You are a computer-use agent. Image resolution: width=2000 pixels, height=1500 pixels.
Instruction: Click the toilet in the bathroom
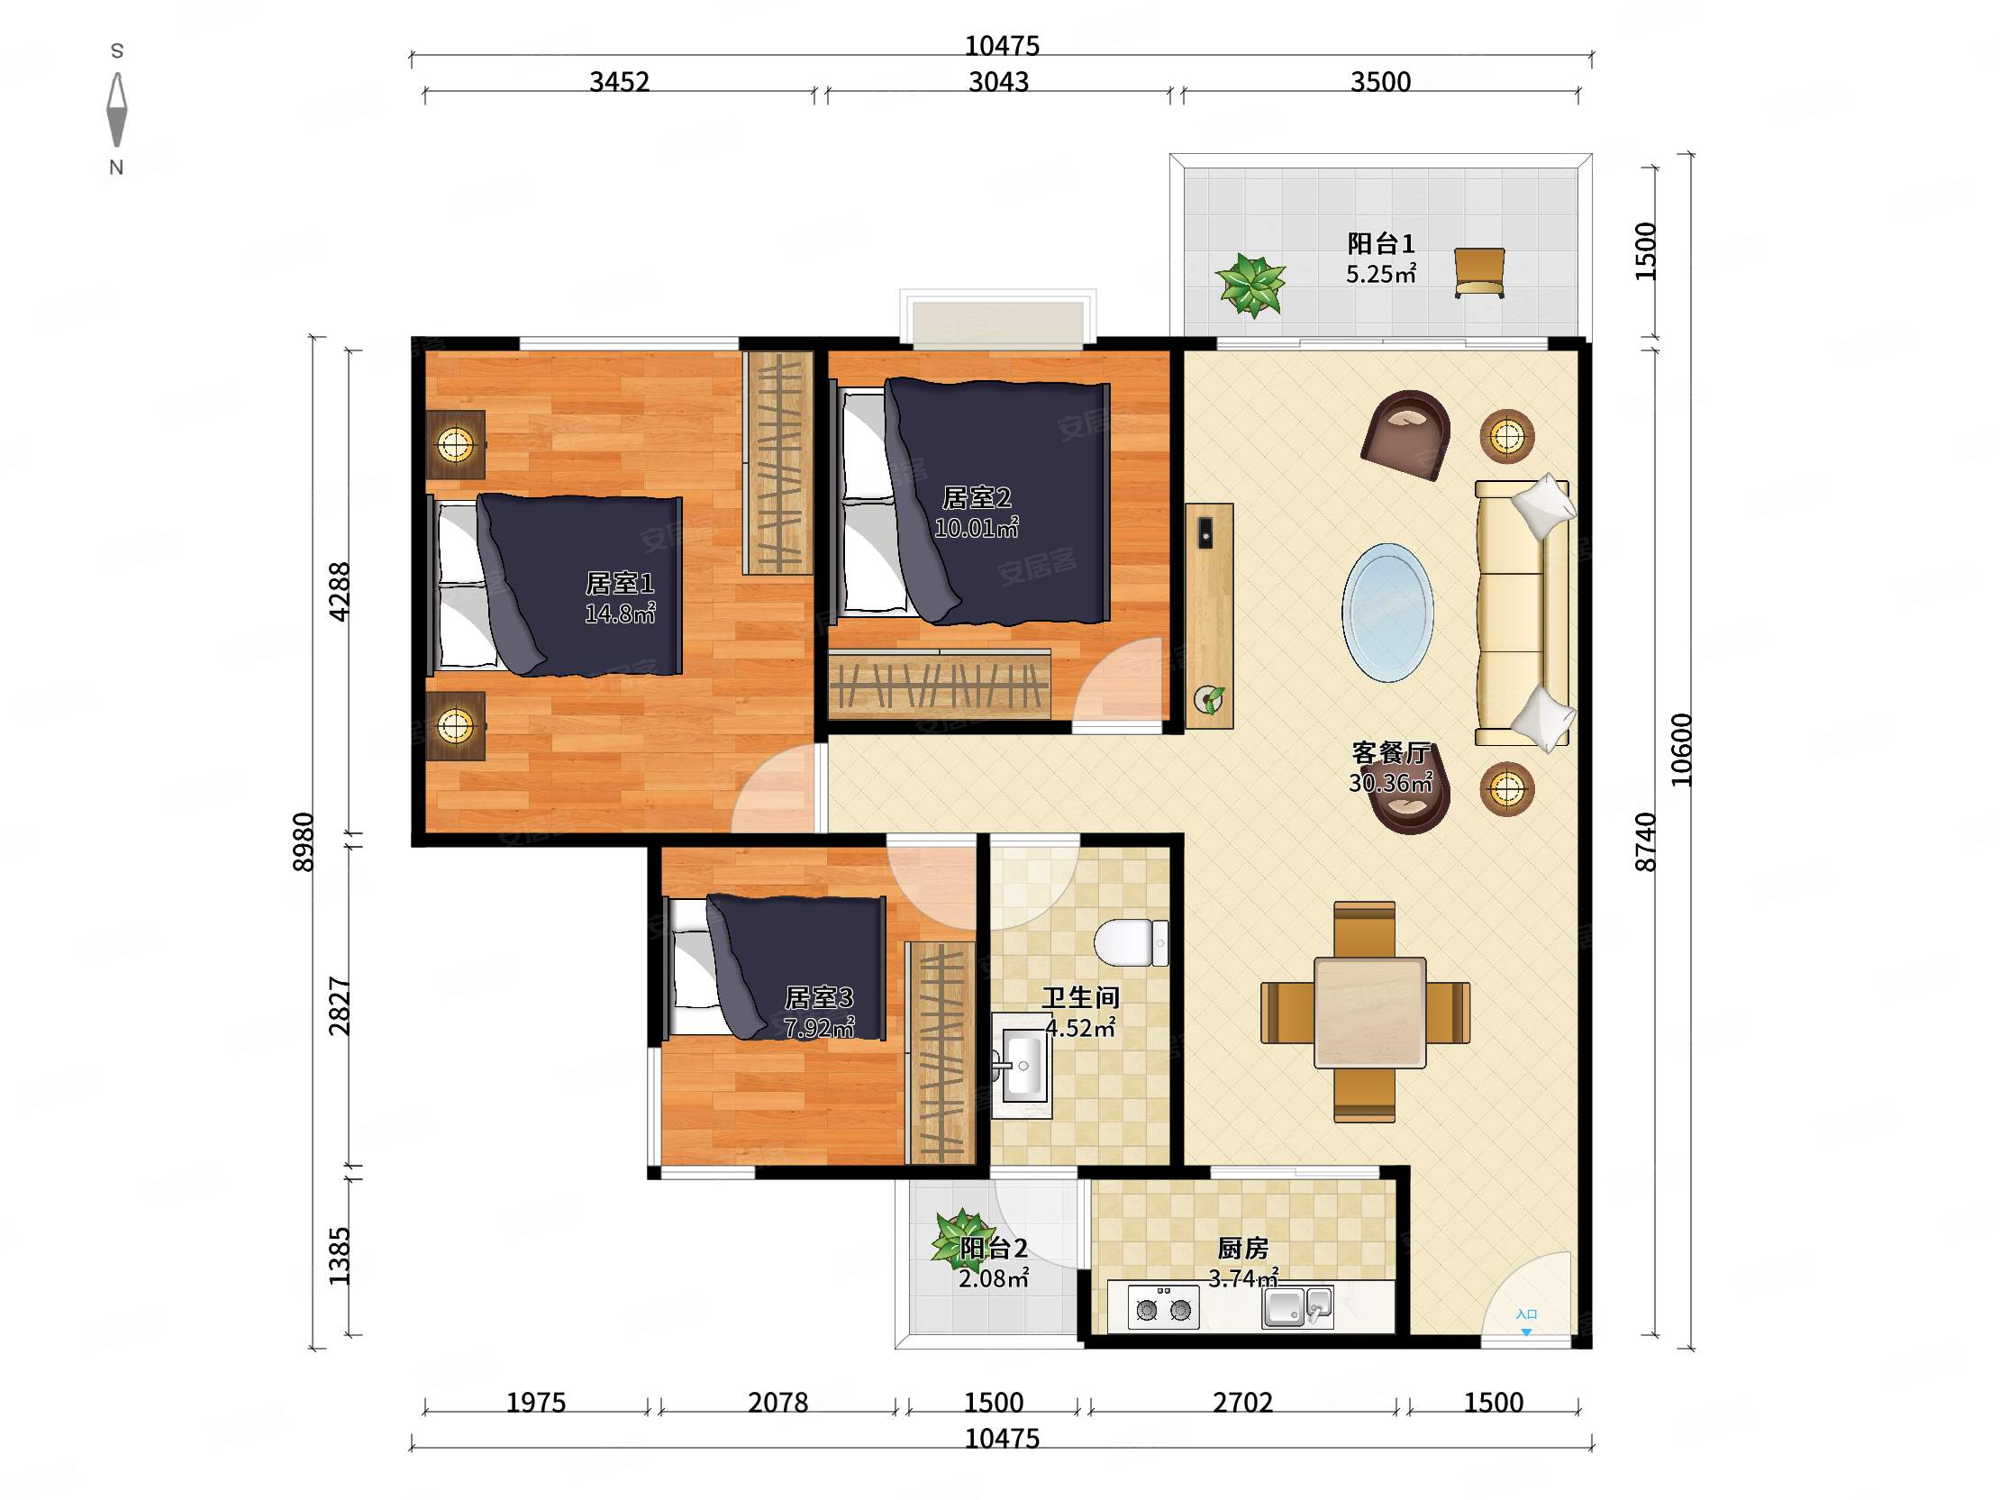coord(1131,942)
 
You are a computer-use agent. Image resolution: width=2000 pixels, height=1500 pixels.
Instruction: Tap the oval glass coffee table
coord(1387,612)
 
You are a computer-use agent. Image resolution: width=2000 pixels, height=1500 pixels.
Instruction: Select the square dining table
coord(1369,1013)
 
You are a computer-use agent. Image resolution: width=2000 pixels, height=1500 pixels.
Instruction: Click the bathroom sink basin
coord(1023,1066)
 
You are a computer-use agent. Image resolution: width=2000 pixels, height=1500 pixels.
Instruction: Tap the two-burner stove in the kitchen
coord(1164,1308)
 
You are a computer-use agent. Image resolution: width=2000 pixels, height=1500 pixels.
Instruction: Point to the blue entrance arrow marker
coord(1526,1332)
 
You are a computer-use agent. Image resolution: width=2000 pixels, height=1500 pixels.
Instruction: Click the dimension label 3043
coord(998,82)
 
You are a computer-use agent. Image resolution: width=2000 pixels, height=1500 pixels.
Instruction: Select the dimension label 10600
coord(1680,750)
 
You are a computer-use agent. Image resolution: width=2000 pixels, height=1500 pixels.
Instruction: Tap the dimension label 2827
coord(339,1005)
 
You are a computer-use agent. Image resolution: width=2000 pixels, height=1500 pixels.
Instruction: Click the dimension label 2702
coord(1242,1403)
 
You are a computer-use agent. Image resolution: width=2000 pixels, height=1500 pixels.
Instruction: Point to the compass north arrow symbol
coord(116,109)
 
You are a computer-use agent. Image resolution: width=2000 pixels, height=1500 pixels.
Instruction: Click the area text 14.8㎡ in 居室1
coord(619,614)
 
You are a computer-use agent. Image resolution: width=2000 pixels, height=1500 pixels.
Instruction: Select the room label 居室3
coord(818,997)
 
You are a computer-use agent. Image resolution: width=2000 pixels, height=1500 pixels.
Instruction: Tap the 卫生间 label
coord(1080,997)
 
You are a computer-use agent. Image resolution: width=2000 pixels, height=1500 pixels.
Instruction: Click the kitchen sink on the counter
coord(1297,1306)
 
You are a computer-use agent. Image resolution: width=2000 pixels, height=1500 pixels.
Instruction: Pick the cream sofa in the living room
coord(1523,613)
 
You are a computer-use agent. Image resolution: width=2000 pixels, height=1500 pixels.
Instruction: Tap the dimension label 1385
coord(339,1256)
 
